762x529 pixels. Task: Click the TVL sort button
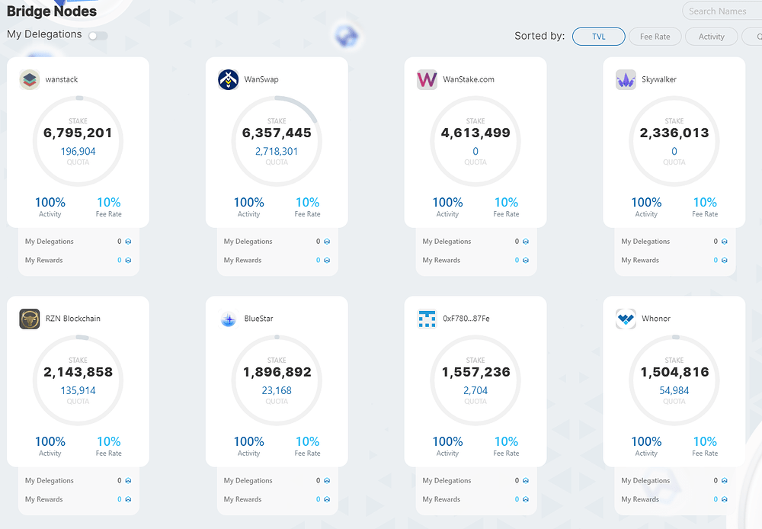599,37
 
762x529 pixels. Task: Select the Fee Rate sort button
655,37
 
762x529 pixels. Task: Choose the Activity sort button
712,37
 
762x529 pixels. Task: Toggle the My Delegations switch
98,36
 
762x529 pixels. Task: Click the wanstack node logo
30,79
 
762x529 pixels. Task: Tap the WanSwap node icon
229,79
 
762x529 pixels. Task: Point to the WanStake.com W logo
427,79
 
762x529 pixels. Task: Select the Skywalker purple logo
626,79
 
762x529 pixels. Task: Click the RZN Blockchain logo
30,319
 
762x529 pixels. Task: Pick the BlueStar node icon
229,319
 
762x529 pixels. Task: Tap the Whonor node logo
626,319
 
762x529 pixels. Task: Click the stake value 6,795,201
78,133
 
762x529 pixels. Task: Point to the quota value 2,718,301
277,152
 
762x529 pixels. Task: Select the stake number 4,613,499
475,133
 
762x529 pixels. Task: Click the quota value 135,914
78,391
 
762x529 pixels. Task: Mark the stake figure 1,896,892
277,373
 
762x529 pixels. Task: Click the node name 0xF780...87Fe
466,319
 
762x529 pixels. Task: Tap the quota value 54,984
674,391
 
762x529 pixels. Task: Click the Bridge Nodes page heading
52,11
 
